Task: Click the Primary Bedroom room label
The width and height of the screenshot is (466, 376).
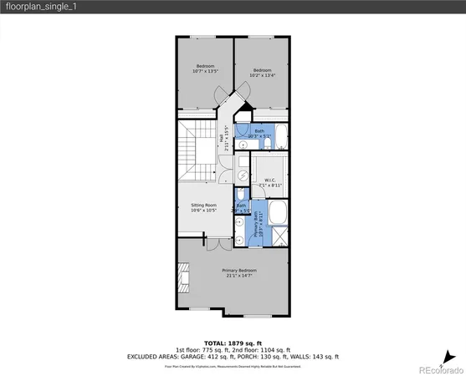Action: click(x=239, y=273)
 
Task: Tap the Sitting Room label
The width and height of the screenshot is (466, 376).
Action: click(x=205, y=206)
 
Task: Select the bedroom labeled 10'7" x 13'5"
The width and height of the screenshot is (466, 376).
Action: click(x=206, y=69)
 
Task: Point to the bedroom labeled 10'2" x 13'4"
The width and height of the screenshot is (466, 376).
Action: click(x=262, y=73)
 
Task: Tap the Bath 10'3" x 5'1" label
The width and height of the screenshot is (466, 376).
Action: click(x=259, y=132)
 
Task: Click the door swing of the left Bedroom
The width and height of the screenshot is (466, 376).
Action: click(x=218, y=107)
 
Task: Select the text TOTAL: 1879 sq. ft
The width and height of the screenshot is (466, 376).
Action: click(x=233, y=343)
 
